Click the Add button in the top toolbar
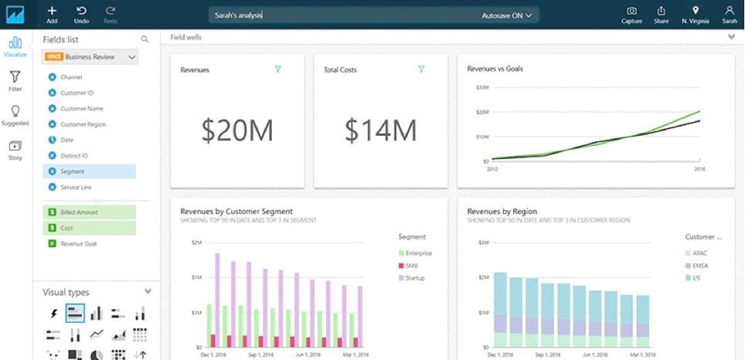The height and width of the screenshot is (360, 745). [x=52, y=14]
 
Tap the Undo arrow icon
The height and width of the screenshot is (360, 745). [x=81, y=14]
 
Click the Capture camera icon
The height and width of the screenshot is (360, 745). [x=631, y=14]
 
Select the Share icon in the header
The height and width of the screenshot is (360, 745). [x=662, y=14]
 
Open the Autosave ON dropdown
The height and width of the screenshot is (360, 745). [x=507, y=15]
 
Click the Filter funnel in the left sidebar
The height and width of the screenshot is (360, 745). [x=15, y=80]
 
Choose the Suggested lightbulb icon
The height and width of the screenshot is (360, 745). [x=15, y=115]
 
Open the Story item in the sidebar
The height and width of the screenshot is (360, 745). [x=15, y=149]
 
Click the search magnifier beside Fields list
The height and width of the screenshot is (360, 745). [x=145, y=39]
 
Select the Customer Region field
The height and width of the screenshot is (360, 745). [x=83, y=124]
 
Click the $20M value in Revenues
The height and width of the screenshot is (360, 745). [x=236, y=131]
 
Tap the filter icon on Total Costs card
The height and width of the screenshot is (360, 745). [x=421, y=69]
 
